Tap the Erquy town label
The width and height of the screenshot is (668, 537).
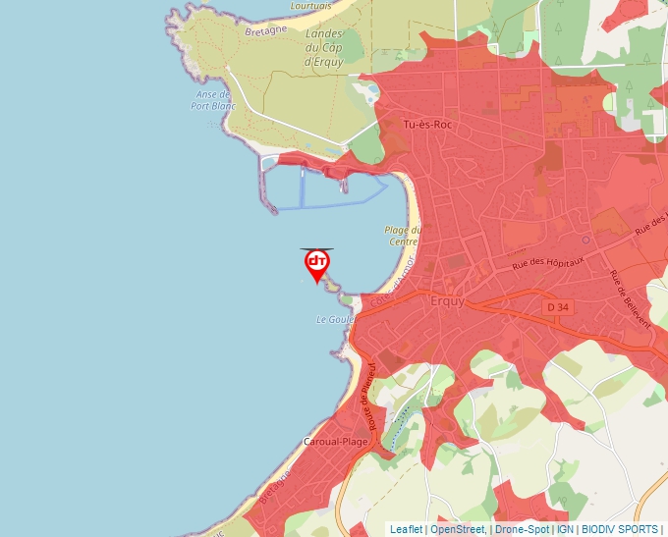tap(448, 301)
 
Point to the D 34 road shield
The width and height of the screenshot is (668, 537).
tap(557, 307)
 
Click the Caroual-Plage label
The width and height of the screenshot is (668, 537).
tap(335, 442)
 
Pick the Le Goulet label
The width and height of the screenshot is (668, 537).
tap(334, 320)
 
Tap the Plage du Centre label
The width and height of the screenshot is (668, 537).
tap(403, 236)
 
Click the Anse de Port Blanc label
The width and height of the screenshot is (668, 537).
tap(213, 100)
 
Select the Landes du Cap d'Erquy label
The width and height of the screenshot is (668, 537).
tap(321, 48)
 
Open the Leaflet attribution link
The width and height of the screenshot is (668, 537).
tap(406, 529)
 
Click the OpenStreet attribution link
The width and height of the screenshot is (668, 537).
tap(457, 529)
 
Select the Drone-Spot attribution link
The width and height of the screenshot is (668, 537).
tap(522, 529)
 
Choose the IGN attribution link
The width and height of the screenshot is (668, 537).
tap(565, 529)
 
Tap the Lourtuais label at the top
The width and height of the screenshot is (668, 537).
tap(311, 6)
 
